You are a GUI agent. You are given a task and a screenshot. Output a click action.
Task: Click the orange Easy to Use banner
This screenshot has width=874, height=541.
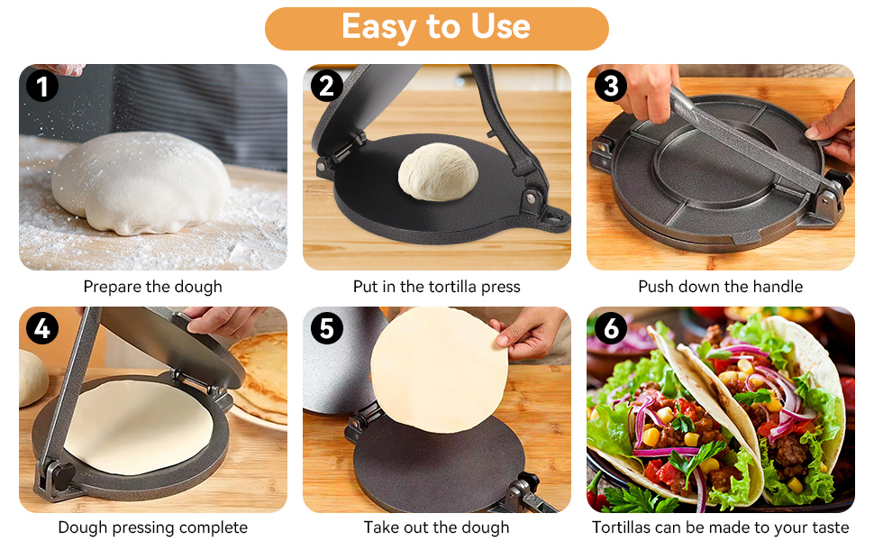coord(436,29)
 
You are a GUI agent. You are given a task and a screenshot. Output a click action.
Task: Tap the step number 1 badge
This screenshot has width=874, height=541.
coord(42,86)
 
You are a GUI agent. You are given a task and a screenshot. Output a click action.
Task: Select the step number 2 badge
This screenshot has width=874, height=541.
coord(327,86)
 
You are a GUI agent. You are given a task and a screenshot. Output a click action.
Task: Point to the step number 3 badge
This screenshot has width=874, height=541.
coord(611,86)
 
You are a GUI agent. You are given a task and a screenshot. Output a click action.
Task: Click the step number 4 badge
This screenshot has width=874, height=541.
coord(42,328)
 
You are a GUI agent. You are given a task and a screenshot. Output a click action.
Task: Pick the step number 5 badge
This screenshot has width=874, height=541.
coord(327,328)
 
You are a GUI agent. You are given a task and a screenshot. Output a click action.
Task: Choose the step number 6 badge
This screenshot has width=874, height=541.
coord(611,328)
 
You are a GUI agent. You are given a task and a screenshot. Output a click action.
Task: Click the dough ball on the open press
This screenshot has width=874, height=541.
coord(438,172)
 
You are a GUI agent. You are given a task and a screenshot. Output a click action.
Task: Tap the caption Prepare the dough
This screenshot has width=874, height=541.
coord(153,287)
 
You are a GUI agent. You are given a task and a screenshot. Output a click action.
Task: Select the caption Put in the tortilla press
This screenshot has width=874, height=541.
coord(436,287)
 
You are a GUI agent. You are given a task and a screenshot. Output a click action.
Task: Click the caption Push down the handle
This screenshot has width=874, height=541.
coord(720,287)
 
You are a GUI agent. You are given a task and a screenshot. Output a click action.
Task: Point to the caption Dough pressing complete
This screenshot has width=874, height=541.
coord(153,527)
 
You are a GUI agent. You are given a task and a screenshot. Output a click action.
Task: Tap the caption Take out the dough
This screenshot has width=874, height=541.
coord(436,527)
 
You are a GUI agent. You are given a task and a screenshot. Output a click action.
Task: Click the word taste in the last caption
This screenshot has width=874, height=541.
coord(830,527)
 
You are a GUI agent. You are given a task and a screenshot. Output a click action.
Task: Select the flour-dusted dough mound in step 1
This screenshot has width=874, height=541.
coord(141,183)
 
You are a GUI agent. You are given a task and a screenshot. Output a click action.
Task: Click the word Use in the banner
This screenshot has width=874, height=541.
coord(500,26)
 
